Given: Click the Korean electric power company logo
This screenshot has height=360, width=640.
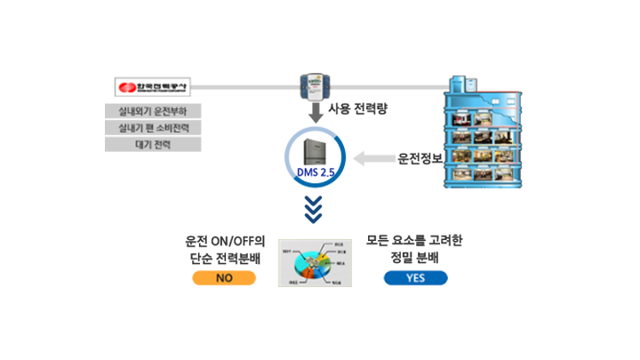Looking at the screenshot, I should pos(152,87).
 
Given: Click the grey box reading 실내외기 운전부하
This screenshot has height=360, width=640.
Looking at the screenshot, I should pos(153,112).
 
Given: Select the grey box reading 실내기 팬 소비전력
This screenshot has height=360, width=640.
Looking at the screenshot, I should pos(153,128).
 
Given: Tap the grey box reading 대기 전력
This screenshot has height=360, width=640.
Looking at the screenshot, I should pos(153,144).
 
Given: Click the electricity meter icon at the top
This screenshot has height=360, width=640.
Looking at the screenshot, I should pos(312,84).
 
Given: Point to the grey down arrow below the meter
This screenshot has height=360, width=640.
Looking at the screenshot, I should pos(312,113).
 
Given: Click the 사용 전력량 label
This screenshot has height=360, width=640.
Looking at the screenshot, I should pos(358,110).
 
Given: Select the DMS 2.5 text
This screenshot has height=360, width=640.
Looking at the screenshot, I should pos(314,172).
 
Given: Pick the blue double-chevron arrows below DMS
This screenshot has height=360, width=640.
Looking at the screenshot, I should pos(313,212).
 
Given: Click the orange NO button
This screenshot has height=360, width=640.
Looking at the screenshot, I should pos(224,278).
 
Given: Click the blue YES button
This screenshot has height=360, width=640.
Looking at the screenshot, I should pos(415,278).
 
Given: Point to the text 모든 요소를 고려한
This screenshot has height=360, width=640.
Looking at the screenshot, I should pos(414,241).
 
